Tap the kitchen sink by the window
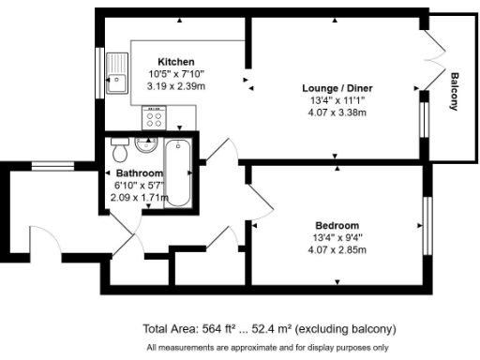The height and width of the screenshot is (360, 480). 119,74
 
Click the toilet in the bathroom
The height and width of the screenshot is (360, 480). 118,151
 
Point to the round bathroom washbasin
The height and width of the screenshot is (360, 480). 146,143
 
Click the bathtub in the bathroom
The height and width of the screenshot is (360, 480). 177,174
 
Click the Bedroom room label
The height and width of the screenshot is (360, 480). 337,225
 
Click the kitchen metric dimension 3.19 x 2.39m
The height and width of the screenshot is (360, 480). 175,85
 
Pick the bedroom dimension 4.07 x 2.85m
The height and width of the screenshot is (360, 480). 337,249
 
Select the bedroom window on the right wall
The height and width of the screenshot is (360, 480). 427,225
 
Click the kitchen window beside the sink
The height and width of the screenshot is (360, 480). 100,72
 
